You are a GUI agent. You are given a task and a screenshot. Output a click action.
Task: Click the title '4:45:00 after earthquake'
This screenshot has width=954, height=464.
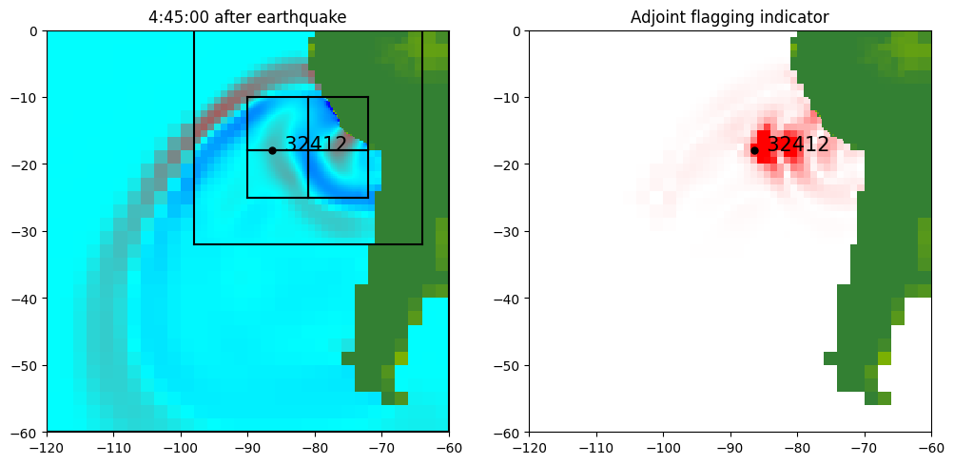[247, 16]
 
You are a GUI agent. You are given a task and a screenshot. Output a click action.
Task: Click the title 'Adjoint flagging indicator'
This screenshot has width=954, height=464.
[730, 16]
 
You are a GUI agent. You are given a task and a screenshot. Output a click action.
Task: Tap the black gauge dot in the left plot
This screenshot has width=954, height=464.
[272, 150]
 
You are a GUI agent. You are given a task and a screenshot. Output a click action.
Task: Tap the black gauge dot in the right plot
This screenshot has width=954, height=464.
[754, 150]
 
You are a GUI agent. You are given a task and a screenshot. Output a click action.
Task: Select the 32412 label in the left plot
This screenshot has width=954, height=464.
[316, 145]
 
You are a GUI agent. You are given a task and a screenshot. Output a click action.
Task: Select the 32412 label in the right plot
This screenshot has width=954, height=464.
[798, 145]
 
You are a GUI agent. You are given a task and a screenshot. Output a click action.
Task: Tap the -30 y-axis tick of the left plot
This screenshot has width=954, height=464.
[25, 231]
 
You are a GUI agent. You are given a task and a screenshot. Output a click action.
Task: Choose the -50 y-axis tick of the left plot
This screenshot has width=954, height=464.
[25, 365]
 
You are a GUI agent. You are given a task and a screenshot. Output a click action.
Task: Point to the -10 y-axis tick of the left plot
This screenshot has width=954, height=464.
[25, 97]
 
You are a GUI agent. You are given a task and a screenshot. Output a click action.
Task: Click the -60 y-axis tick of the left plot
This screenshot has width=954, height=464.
[25, 433]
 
